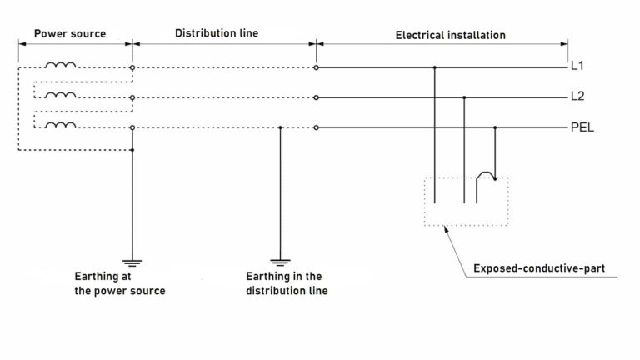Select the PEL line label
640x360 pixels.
coord(583,127)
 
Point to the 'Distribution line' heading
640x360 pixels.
coord(216,35)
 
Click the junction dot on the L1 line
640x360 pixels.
coord(435,67)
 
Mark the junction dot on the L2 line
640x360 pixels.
coord(465,97)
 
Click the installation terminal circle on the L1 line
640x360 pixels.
coord(316,67)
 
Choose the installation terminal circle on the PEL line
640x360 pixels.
coord(316,128)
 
